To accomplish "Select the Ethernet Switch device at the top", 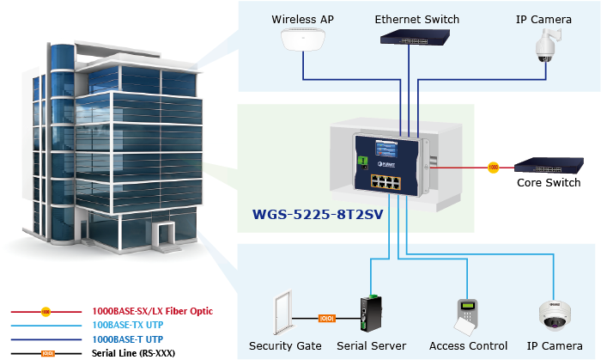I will [x=416, y=37].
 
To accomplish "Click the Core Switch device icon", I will [x=549, y=166].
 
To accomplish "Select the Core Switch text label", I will [x=549, y=183].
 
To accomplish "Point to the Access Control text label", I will [x=468, y=345].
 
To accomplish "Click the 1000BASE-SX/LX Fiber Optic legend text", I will [x=152, y=311].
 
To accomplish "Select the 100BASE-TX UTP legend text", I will [x=127, y=325].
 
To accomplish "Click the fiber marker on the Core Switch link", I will [x=493, y=167].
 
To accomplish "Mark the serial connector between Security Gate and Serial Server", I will [x=326, y=318].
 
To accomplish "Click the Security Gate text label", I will [x=285, y=345].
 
